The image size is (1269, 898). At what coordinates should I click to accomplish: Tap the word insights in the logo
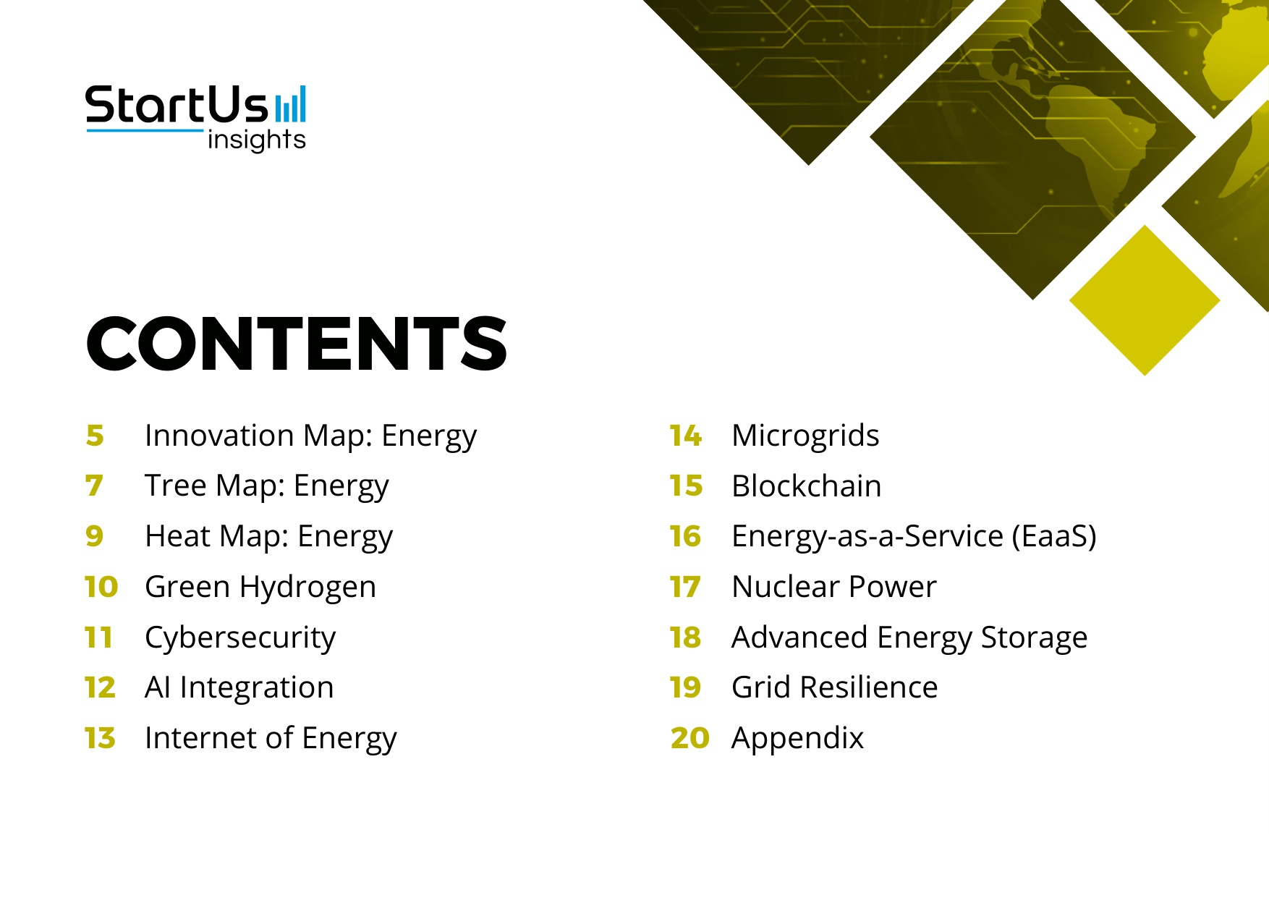pyautogui.click(x=256, y=140)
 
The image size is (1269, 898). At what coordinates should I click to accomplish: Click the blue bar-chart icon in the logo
pyautogui.click(x=291, y=104)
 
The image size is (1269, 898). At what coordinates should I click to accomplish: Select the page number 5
pyautogui.click(x=95, y=436)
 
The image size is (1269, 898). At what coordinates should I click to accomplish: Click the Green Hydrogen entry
pyautogui.click(x=260, y=587)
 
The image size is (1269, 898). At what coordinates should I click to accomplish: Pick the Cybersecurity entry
pyautogui.click(x=239, y=638)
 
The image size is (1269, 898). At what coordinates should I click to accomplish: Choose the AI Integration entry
pyautogui.click(x=239, y=687)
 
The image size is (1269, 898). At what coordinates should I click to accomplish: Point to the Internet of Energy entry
pyautogui.click(x=270, y=738)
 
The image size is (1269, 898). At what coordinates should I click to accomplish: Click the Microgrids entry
pyautogui.click(x=805, y=436)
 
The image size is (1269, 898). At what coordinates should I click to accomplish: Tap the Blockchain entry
pyautogui.click(x=806, y=486)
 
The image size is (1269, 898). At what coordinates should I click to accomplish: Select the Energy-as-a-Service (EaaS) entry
pyautogui.click(x=913, y=536)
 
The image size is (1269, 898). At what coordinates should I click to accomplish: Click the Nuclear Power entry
pyautogui.click(x=833, y=587)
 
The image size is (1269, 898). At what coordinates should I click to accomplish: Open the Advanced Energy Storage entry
pyautogui.click(x=909, y=638)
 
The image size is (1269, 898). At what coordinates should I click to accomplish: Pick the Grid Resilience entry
pyautogui.click(x=834, y=687)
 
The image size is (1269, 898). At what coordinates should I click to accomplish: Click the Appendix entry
pyautogui.click(x=797, y=738)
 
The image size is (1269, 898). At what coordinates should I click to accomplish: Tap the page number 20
pyautogui.click(x=689, y=738)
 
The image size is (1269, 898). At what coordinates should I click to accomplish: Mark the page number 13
pyautogui.click(x=100, y=738)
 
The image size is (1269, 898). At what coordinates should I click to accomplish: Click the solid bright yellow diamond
pyautogui.click(x=1144, y=300)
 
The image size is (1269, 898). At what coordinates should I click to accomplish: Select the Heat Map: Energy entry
pyautogui.click(x=268, y=536)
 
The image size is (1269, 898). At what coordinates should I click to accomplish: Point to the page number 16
pyautogui.click(x=685, y=536)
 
